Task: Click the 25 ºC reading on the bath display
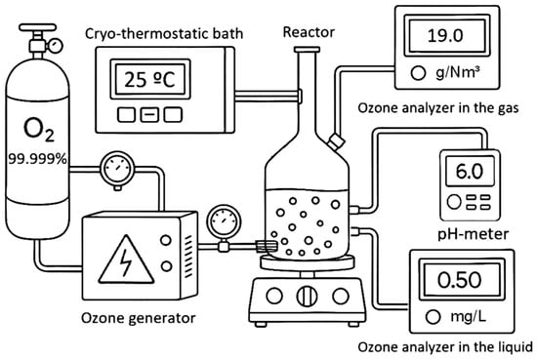click(x=149, y=80)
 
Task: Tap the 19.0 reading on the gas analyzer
click(x=445, y=35)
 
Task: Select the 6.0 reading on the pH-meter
click(x=470, y=171)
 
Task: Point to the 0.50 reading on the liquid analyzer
click(x=460, y=280)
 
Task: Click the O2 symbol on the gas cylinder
click(x=39, y=130)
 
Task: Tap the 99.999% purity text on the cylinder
click(x=37, y=159)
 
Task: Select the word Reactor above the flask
click(x=309, y=32)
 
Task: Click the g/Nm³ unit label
click(x=457, y=73)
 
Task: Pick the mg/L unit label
click(x=468, y=317)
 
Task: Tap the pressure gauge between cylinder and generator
click(x=117, y=169)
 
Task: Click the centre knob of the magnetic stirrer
click(x=307, y=296)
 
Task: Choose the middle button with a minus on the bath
click(x=149, y=115)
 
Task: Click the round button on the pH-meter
click(x=454, y=202)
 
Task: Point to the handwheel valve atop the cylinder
click(x=37, y=27)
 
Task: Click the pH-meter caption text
click(x=473, y=234)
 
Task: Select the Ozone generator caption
click(x=139, y=318)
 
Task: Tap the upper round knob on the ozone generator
click(x=166, y=240)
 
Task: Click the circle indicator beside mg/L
click(x=433, y=317)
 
